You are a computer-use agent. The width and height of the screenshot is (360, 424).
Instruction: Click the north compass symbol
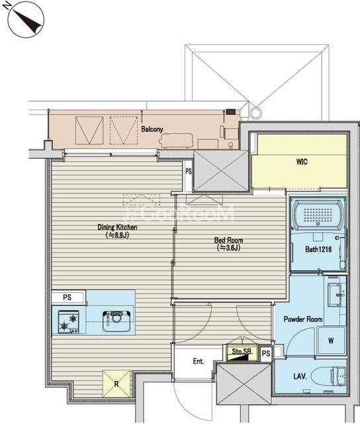pyautogui.click(x=25, y=19)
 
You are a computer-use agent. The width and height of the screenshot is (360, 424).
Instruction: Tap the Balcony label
pyautogui.click(x=152, y=129)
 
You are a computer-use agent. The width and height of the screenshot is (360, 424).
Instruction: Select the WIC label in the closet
pyautogui.click(x=302, y=162)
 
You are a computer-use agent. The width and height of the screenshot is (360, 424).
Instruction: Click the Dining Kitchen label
pyautogui.click(x=117, y=227)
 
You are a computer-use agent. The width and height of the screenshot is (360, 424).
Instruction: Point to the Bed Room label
pyautogui.click(x=228, y=240)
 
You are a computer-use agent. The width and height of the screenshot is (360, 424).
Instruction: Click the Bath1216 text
pyautogui.click(x=318, y=249)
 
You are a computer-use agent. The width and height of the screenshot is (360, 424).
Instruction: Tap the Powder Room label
pyautogui.click(x=302, y=319)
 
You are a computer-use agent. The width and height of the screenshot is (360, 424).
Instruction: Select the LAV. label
pyautogui.click(x=300, y=376)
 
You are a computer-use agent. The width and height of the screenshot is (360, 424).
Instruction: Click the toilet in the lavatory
pyautogui.click(x=328, y=376)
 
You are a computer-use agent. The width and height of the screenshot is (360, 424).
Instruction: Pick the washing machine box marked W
pyautogui.click(x=332, y=341)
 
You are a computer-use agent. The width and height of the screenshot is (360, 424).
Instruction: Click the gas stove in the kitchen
pyautogui.click(x=69, y=322)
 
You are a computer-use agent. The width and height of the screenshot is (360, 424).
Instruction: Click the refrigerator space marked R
pyautogui.click(x=116, y=384)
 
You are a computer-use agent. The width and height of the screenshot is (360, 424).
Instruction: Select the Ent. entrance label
pyautogui.click(x=199, y=361)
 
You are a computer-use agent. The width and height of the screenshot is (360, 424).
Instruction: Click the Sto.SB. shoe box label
pyautogui.click(x=242, y=352)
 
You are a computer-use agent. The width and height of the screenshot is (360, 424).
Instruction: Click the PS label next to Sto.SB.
pyautogui.click(x=266, y=353)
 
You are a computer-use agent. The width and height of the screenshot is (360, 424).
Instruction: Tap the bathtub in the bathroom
pyautogui.click(x=318, y=215)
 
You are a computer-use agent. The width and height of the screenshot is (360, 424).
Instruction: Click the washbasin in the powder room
pyautogui.click(x=337, y=295)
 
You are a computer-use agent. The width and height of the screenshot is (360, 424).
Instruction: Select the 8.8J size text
pyautogui.click(x=117, y=235)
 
